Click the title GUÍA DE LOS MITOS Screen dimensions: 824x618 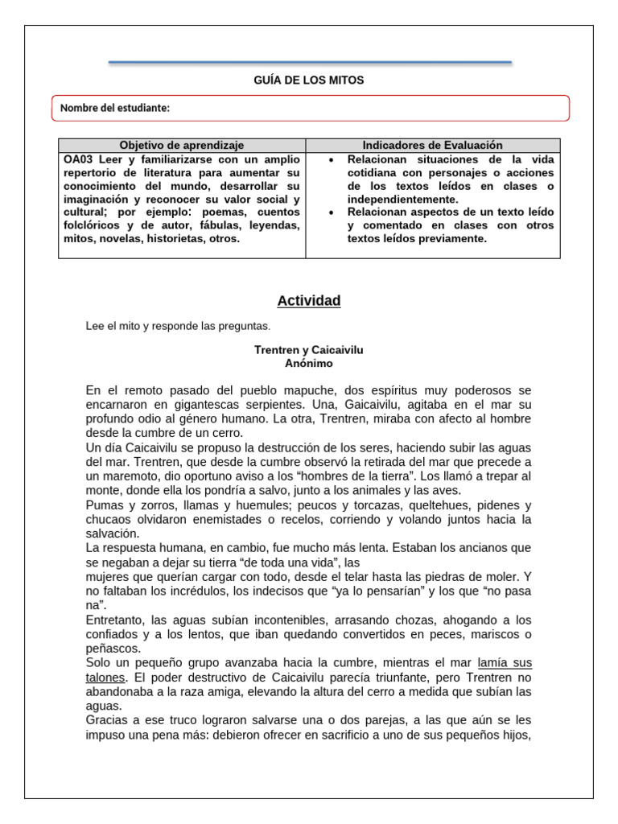coord(309,80)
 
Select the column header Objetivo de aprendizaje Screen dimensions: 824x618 coord(182,145)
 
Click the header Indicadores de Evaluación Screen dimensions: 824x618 coord(432,145)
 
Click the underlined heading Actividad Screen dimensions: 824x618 coord(309,301)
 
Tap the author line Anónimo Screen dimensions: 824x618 coord(309,364)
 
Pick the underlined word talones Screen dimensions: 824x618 coord(105,677)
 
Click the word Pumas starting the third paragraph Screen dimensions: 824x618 coord(104,505)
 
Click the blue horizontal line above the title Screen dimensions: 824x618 coord(309,61)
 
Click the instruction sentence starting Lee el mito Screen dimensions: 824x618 coord(179,326)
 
